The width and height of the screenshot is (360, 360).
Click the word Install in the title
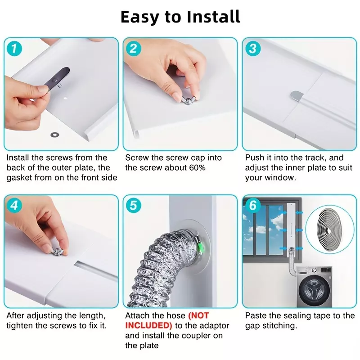[213, 17]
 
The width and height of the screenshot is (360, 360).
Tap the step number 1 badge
[14, 49]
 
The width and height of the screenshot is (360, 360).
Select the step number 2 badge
[134, 49]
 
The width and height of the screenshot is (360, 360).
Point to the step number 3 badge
[253, 49]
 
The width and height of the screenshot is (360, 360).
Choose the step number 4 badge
[14, 205]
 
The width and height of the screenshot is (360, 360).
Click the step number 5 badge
[134, 205]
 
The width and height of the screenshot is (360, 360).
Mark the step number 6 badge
[253, 205]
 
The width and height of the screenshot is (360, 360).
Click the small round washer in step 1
[54, 134]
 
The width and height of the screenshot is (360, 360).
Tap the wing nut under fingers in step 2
[189, 101]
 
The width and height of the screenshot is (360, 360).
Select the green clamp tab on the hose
[200, 247]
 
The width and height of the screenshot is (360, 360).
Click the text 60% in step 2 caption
[197, 168]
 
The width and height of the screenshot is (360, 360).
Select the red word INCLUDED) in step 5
[148, 325]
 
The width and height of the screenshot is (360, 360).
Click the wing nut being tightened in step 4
[58, 252]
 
